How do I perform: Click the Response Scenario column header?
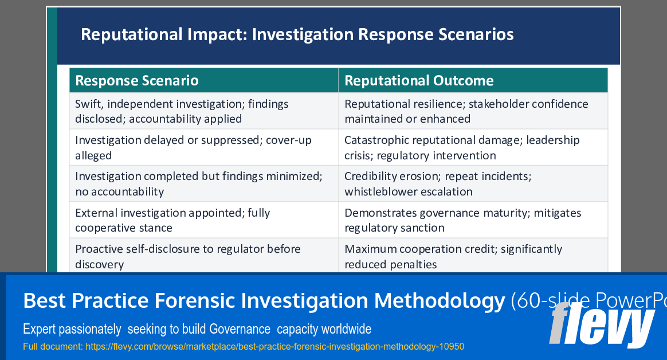137,81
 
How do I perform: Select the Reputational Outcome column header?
419,81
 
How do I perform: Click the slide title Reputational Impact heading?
297,34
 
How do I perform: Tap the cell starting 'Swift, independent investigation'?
182,111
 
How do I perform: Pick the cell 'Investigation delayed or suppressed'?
193,147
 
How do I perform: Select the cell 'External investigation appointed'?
172,220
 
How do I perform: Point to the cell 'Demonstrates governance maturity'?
462,220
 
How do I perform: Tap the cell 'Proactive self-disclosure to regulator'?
188,256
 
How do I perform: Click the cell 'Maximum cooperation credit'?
453,256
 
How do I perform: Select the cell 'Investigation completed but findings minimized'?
198,183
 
